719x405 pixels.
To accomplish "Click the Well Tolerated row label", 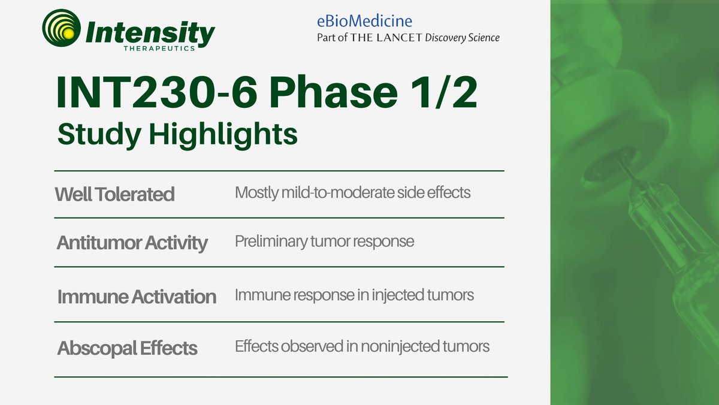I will pos(114,194).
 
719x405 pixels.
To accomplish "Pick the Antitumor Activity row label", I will pos(132,243).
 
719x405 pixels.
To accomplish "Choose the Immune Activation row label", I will pos(137,297).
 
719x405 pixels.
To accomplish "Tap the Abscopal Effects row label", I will pos(127,348).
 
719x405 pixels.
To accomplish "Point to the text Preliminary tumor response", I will pos(324,242).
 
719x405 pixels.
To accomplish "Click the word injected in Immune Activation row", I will pos(407,295).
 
